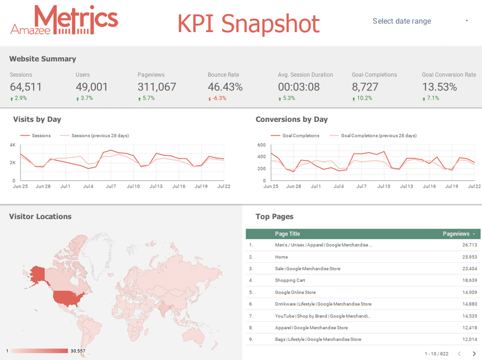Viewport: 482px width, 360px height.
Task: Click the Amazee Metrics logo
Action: pyautogui.click(x=64, y=21)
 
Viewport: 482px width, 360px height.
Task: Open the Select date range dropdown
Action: pyautogui.click(x=420, y=21)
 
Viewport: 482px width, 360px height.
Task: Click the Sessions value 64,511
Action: pyautogui.click(x=26, y=87)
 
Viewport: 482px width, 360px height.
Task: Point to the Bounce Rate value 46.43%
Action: pyautogui.click(x=225, y=87)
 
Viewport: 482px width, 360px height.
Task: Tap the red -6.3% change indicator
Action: pyautogui.click(x=219, y=98)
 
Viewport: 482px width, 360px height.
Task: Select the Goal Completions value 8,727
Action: pyautogui.click(x=365, y=87)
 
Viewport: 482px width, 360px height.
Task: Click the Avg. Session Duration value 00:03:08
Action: pyautogui.click(x=299, y=87)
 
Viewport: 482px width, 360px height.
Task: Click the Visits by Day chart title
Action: pyautogui.click(x=37, y=119)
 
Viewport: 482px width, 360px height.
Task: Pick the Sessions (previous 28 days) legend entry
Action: pyautogui.click(x=94, y=135)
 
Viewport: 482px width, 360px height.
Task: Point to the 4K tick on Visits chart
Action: pyautogui.click(x=12, y=145)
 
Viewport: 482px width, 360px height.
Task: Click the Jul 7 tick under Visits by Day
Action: pyautogui.click(x=111, y=186)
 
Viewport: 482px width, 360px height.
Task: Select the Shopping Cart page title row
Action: pyautogui.click(x=290, y=280)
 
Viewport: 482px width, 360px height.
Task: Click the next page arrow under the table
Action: pyautogui.click(x=474, y=353)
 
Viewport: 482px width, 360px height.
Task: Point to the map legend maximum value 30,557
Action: pyautogui.click(x=77, y=351)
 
